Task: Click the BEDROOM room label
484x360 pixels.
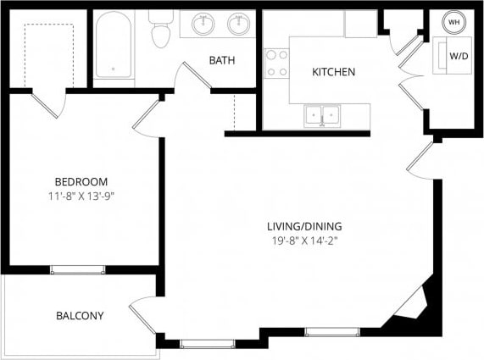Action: click(81, 182)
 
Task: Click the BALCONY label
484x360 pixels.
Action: click(80, 316)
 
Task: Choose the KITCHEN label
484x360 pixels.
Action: click(333, 72)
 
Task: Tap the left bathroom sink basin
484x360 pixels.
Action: click(203, 23)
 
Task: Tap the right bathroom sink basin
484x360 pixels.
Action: click(239, 23)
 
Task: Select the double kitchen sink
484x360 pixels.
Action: click(322, 114)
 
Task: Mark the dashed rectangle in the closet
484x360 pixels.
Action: click(47, 51)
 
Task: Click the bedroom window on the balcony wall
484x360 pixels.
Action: click(77, 269)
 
